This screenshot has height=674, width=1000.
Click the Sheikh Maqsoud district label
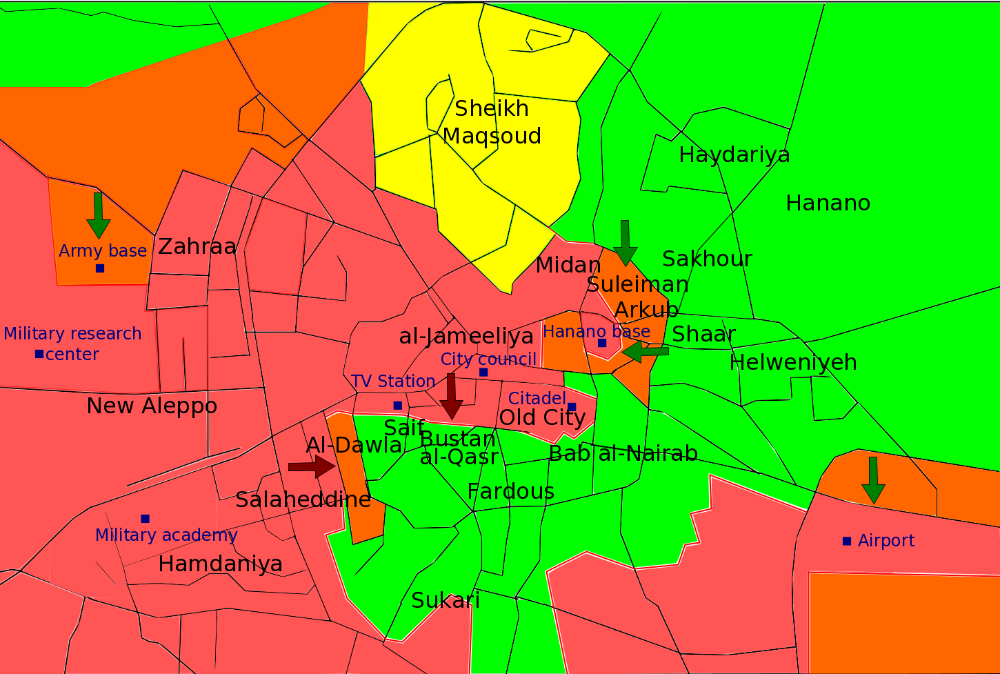[492, 122]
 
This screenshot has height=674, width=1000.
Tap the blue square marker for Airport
[847, 541]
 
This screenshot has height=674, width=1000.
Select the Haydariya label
[734, 155]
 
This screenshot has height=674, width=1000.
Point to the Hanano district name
[828, 204]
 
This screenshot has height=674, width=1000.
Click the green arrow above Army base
[99, 215]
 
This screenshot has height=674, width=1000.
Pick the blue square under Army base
[100, 268]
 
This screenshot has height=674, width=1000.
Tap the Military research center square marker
[39, 354]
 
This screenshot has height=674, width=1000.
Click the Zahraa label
[197, 246]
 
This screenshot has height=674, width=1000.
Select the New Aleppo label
[152, 406]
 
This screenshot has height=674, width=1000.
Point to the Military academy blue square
[145, 519]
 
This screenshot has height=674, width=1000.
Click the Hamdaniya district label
[220, 564]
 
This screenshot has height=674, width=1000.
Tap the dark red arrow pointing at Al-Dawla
[312, 467]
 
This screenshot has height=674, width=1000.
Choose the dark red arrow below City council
[452, 396]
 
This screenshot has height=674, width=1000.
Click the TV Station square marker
[397, 405]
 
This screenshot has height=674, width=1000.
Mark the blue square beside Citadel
[572, 406]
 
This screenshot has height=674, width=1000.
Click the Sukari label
[446, 600]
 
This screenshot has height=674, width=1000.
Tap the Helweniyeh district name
[793, 362]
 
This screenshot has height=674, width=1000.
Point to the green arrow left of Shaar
[646, 351]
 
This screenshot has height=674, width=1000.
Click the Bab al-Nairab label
[623, 454]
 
